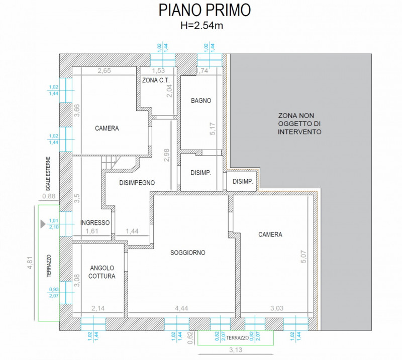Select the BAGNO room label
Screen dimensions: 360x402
[x=200, y=100]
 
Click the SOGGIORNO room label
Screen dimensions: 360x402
[x=187, y=253]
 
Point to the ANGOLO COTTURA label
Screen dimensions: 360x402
[x=103, y=272]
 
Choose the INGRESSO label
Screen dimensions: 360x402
[x=95, y=223]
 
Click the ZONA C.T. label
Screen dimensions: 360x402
[x=156, y=80]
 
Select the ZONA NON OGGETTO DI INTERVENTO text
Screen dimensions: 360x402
[x=299, y=123]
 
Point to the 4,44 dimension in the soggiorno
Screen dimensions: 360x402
[x=181, y=308]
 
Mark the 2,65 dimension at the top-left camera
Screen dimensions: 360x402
[x=104, y=71]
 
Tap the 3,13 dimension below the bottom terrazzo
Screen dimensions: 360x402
[x=235, y=350]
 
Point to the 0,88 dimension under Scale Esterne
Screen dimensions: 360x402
[x=49, y=196]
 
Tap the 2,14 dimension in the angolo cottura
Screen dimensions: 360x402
[x=98, y=308]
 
